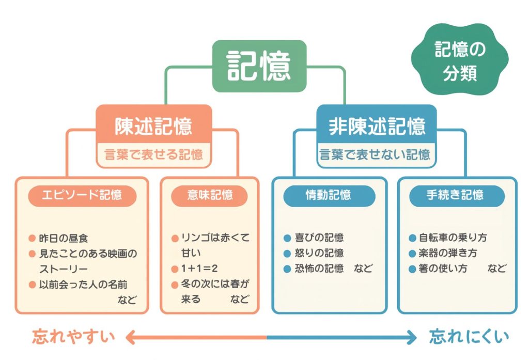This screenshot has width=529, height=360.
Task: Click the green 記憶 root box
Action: pos(259,66)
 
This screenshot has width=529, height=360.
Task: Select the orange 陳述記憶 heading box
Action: pos(153,126)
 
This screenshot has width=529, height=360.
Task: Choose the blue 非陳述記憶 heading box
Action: pos(377,126)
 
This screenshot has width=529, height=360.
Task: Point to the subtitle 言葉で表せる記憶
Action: pos(153,154)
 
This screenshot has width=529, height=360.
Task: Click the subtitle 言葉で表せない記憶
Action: pos(375,154)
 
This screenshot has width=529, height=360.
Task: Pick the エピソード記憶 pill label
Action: pos(83,195)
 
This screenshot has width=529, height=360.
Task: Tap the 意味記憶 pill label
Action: pos(210,195)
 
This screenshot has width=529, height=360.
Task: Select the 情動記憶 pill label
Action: pos(329,195)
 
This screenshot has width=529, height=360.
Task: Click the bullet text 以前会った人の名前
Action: pos(83,285)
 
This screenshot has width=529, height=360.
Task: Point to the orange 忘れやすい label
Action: pos(74,337)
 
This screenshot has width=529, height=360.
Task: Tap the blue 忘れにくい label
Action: pos(469,337)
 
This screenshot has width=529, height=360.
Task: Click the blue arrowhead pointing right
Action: pos(411,337)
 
